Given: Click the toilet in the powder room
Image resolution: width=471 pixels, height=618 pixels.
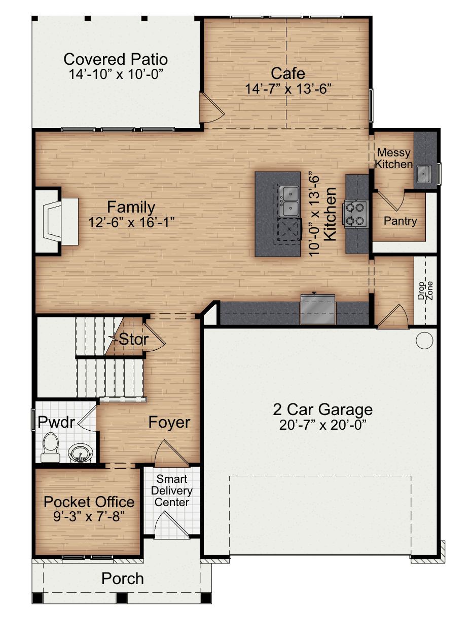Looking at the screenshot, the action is (51, 447).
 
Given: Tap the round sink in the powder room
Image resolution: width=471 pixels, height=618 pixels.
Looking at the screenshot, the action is (81, 453).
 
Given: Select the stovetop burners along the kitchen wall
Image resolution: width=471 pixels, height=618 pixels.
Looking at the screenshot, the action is (355, 214).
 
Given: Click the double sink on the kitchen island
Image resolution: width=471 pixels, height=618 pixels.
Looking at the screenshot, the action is (289, 201).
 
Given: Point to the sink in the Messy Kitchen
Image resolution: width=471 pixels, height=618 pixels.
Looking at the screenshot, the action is (424, 174).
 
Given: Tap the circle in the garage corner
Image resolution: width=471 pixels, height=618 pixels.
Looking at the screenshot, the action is (424, 340).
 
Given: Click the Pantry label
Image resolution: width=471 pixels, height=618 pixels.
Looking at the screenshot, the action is (400, 221).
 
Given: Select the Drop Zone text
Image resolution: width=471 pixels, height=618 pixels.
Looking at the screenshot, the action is (425, 291).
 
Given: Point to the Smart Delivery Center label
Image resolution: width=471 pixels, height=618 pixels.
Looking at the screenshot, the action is (172, 490).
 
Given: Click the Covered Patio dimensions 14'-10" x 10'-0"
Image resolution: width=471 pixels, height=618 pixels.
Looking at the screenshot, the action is (116, 74).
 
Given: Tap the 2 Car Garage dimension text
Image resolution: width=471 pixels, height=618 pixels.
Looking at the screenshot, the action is (322, 425).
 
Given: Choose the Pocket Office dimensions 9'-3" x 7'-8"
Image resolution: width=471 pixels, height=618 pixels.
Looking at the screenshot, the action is (89, 516).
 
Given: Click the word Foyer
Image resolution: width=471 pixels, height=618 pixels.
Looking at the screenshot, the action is (169, 422).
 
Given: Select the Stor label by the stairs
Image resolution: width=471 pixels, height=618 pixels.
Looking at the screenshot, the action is (133, 339).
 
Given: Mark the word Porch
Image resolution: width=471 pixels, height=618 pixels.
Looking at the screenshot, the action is (123, 579).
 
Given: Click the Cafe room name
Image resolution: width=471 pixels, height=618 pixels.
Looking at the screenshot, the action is (288, 73).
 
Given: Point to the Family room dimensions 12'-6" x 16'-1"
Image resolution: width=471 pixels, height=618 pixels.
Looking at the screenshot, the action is (131, 222).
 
